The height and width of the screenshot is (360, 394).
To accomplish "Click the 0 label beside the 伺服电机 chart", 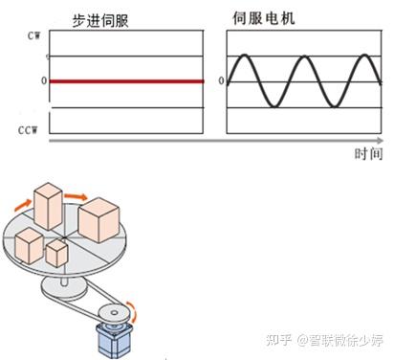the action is click(222, 81).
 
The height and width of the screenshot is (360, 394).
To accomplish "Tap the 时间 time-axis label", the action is click(367, 153).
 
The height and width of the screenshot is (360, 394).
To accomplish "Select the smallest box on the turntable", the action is click(57, 253).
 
